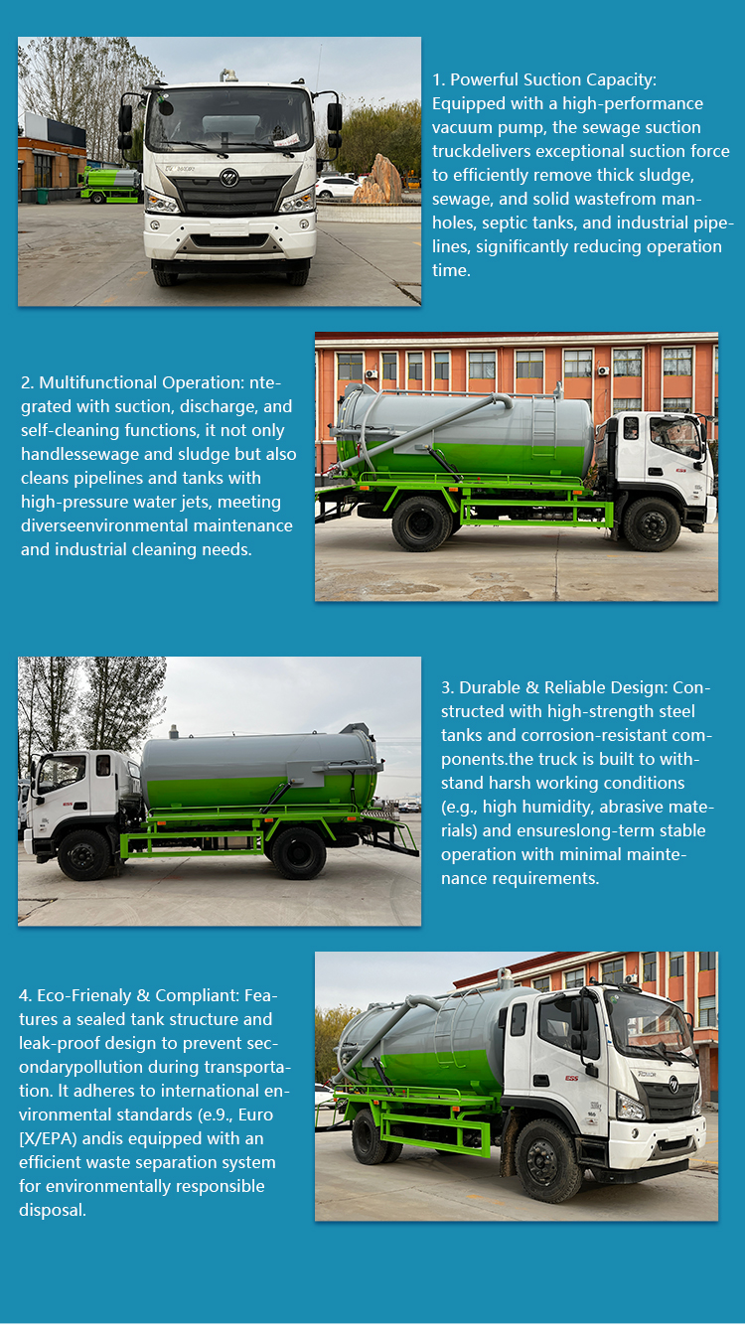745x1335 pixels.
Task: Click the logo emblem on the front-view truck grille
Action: coord(228,178)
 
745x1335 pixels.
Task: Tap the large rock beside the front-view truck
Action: coord(377,181)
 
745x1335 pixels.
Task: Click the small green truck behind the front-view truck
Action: coord(110,185)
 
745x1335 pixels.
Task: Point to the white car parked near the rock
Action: coord(336,187)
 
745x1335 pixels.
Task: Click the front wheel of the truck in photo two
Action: coord(652,523)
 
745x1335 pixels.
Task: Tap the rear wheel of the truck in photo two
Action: coord(421,523)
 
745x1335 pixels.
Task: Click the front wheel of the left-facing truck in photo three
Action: coord(84,855)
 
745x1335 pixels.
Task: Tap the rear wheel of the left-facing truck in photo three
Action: coord(298,853)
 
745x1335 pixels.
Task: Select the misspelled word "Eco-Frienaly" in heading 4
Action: coord(84,995)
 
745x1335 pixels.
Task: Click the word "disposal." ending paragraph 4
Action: coord(53,1210)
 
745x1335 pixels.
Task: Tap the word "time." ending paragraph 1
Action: coord(451,270)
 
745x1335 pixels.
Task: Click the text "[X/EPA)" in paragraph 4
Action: coord(49,1138)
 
